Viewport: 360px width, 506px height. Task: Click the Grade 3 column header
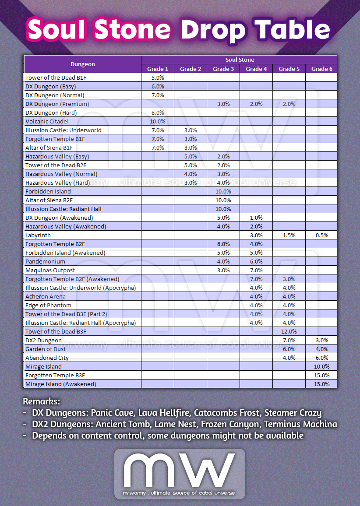[x=223, y=69]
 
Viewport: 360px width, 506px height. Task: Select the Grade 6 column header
[x=322, y=69]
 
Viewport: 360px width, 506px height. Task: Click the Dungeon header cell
[x=83, y=64]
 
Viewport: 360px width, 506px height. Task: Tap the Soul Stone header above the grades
[x=240, y=60]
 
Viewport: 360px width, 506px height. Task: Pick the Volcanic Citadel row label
[x=47, y=121]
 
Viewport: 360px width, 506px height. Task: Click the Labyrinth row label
[x=38, y=235]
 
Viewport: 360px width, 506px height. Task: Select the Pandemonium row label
[x=45, y=261]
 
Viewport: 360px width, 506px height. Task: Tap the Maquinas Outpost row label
[x=50, y=270]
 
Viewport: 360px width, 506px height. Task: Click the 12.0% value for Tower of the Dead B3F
[x=289, y=331]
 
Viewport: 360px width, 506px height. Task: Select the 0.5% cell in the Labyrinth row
[x=322, y=235]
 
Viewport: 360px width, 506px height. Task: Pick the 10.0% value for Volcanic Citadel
[x=158, y=121]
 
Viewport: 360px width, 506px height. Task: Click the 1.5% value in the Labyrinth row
[x=289, y=235]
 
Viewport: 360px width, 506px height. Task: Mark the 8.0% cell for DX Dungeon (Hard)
[x=158, y=112]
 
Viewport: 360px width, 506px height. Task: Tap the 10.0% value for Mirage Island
[x=322, y=366]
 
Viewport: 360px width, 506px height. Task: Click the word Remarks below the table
[x=41, y=401]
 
